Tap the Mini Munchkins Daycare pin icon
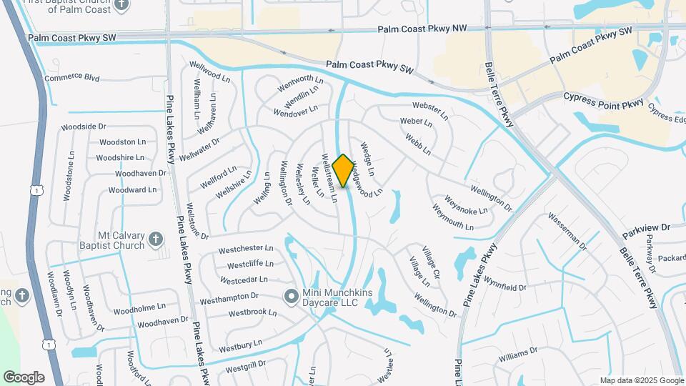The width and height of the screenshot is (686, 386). tap(291, 295)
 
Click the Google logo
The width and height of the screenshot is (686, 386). tap(24, 377)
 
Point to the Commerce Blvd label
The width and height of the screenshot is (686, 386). tap(71, 77)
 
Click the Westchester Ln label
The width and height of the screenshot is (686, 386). tap(246, 249)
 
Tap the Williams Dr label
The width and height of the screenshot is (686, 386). tap(517, 354)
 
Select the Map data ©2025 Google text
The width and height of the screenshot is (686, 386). tap(641, 380)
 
